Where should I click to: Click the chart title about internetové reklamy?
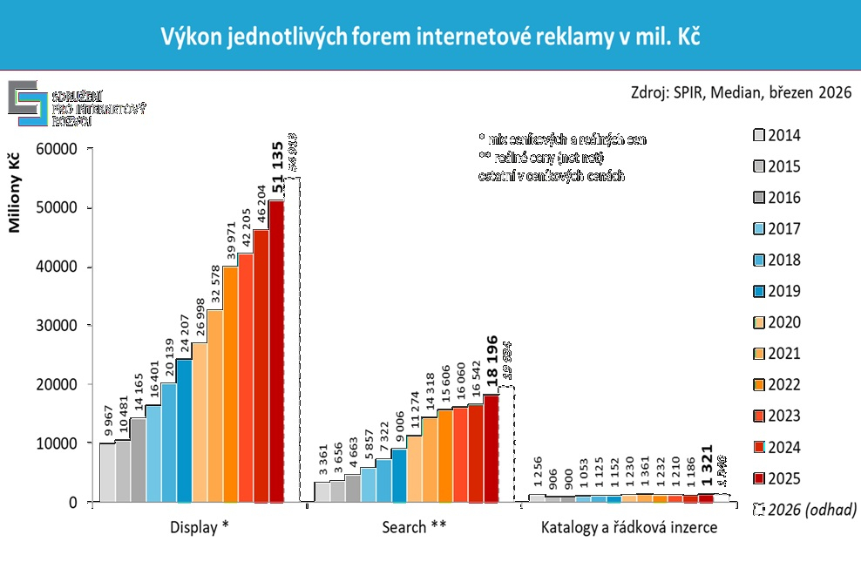click(x=430, y=37)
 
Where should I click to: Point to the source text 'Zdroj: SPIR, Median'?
click(x=739, y=93)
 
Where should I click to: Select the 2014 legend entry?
click(x=776, y=135)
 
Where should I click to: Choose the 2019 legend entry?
click(x=776, y=291)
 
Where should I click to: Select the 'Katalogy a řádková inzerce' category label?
click(x=629, y=528)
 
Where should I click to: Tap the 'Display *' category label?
click(x=201, y=528)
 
